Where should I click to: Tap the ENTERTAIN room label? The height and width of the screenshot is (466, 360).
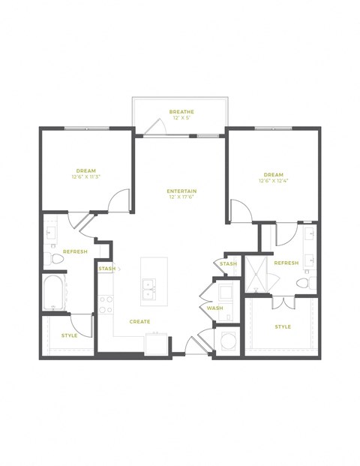coord(181,191)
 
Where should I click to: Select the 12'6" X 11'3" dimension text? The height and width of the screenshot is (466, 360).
coord(85,177)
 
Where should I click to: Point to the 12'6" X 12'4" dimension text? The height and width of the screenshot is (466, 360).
coord(273,181)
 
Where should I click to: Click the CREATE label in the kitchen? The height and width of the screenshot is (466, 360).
coord(139,322)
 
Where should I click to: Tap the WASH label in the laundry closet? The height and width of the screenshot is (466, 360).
coord(215,308)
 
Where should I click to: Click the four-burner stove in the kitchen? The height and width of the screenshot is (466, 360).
coord(106,303)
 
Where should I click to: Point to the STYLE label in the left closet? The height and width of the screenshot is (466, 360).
coord(69,335)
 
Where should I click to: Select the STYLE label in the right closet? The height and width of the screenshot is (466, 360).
coord(283,327)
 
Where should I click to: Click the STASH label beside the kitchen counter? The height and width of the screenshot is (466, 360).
coord(106,268)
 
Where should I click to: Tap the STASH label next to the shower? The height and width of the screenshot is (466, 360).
coord(229,264)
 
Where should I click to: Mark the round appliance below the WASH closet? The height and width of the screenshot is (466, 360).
coord(227,340)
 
